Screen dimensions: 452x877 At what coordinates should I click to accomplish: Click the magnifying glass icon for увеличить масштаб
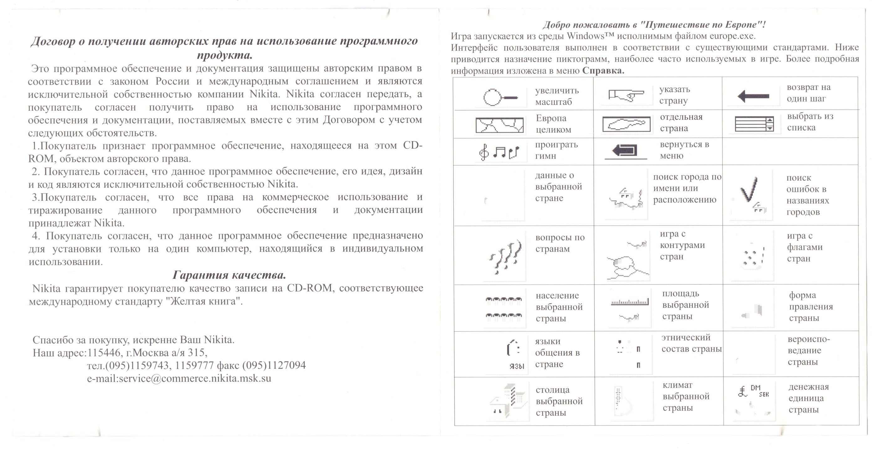click(500, 97)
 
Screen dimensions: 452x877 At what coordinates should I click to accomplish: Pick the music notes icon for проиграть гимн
click(499, 153)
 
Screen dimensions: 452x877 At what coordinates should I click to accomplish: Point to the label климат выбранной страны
click(686, 397)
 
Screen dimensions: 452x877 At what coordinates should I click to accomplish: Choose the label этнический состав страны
click(691, 343)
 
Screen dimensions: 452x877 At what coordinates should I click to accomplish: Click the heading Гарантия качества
click(229, 275)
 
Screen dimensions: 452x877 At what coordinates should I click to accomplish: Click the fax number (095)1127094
click(274, 365)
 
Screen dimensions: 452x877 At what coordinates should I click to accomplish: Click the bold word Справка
click(603, 71)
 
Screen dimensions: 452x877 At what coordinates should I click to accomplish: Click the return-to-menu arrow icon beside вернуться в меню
click(625, 150)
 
